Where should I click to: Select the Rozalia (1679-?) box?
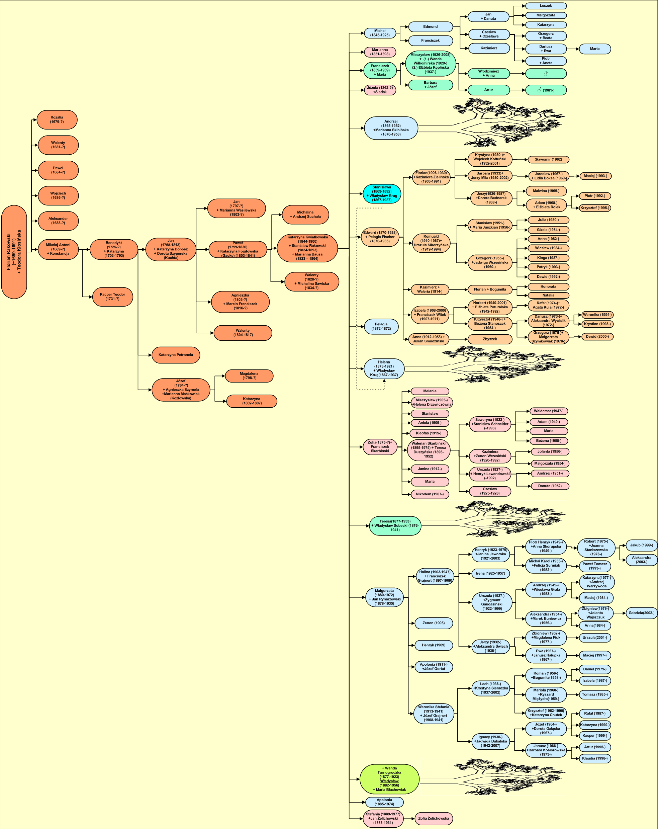[57, 119]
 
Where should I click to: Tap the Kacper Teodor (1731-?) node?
[113, 297]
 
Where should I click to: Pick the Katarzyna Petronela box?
[176, 355]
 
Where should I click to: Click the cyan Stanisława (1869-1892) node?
[382, 194]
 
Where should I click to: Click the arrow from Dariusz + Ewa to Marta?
[573, 49]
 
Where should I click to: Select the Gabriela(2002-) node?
[641, 613]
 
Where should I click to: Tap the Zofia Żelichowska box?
[434, 818]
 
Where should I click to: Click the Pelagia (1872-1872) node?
[381, 326]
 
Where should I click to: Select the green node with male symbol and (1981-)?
[546, 90]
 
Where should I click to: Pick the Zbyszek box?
[490, 339]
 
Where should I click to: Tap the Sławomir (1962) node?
[548, 160]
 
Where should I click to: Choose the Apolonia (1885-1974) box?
[384, 802]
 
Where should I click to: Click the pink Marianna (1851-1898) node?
[380, 52]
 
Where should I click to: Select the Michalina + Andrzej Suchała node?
[305, 215]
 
